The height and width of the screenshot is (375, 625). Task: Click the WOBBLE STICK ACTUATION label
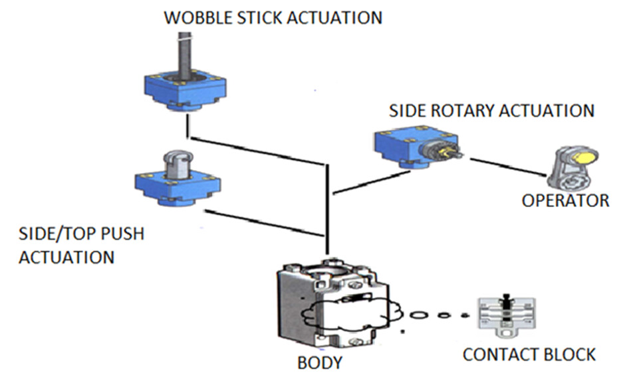[x=273, y=17]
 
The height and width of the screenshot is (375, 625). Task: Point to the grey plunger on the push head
[x=175, y=162]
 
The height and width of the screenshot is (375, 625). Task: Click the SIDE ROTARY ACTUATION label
[x=491, y=110]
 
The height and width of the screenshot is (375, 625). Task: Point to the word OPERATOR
[x=565, y=200]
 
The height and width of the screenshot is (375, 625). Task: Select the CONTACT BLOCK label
[x=529, y=354]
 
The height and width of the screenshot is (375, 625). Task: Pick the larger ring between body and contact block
[x=418, y=315]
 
